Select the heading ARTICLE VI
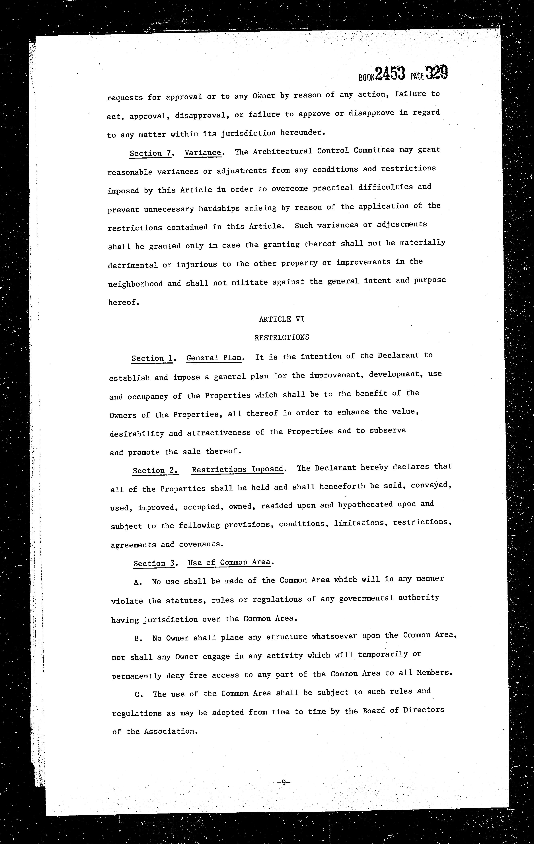click(282, 319)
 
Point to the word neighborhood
click(135, 284)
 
